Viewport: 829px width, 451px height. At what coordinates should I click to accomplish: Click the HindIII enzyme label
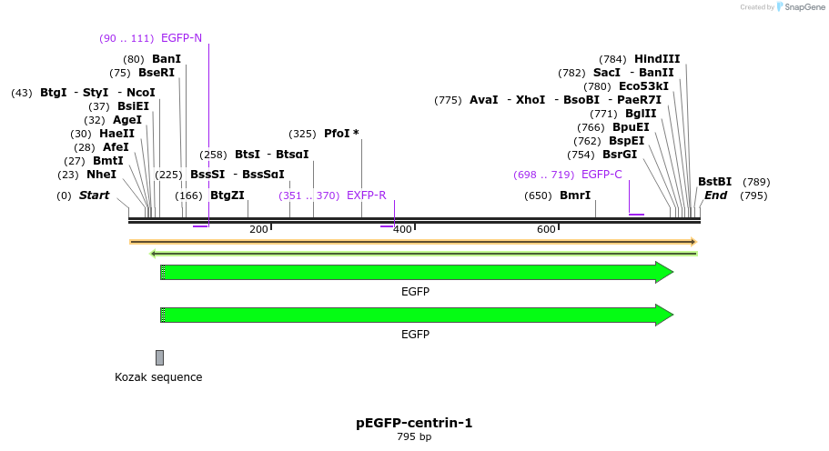click(657, 59)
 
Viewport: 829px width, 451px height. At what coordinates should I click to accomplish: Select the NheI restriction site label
click(101, 174)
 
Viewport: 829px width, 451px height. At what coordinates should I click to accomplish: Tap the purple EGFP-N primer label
click(181, 38)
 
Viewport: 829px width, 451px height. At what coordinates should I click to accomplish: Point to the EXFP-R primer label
click(367, 195)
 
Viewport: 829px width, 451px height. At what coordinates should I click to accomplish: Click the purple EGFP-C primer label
click(602, 175)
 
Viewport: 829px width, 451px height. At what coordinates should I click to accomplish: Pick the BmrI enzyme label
click(575, 195)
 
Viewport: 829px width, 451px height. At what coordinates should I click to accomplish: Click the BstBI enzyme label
click(714, 182)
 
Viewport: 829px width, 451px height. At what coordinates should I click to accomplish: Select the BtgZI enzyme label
click(227, 195)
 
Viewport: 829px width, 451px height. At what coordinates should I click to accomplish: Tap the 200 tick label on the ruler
click(258, 230)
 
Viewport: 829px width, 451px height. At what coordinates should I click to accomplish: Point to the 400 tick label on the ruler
click(402, 230)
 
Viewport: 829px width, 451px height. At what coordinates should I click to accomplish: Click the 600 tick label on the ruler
click(546, 230)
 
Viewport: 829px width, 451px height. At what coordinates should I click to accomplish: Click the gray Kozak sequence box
click(159, 357)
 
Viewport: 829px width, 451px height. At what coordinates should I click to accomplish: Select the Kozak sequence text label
click(158, 377)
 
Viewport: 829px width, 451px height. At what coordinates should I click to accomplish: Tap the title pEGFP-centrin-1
click(414, 423)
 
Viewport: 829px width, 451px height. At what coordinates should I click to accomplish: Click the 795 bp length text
click(414, 437)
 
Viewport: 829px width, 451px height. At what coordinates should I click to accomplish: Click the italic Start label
click(94, 195)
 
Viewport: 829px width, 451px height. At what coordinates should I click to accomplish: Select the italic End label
click(715, 195)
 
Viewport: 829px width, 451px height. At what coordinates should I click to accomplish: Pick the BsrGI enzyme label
click(620, 155)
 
